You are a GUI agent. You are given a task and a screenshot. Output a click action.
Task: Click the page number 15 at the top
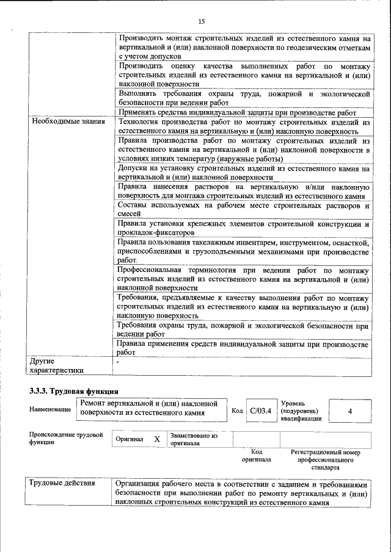[201, 22]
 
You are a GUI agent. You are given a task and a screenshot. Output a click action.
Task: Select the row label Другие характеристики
[55, 365]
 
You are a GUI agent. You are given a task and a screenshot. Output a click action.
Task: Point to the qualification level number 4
[350, 411]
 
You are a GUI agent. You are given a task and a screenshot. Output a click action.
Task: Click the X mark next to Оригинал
[156, 439]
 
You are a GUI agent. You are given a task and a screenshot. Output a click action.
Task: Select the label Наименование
[49, 410]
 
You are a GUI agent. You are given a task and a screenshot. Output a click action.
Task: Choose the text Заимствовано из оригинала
[194, 439]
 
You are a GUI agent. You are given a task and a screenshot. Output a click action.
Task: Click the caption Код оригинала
[256, 456]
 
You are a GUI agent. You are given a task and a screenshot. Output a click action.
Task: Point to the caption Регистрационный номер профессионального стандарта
[326, 461]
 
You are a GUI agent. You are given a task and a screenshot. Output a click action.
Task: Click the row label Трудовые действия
[62, 483]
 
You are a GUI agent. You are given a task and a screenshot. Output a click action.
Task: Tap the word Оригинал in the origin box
[129, 439]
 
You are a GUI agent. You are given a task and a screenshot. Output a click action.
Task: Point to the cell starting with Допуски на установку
[243, 173]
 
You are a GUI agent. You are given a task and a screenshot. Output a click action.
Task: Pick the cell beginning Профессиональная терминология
[243, 278]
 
